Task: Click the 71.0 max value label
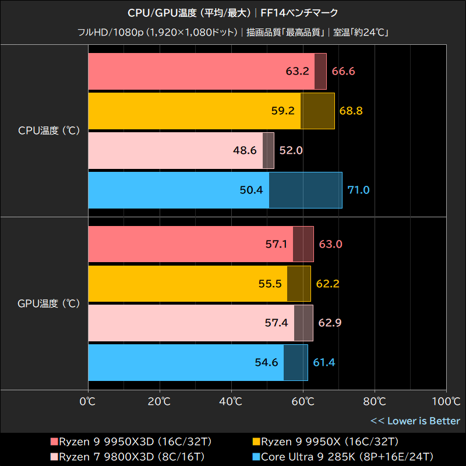coord(358,190)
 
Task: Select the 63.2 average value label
coord(298,72)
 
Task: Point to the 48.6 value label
coord(245,150)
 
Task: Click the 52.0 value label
coord(291,150)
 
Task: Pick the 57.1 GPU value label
coord(277,244)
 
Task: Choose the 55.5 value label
coord(271,284)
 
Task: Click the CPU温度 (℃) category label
coord(47,131)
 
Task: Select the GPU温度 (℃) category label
coord(47,303)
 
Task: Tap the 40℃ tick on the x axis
coord(231,401)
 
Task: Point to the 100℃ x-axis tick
coord(446,401)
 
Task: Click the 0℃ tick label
coord(88,401)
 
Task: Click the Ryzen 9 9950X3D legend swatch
coord(55,441)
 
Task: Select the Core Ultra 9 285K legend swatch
coord(257,456)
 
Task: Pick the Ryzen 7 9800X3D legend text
coord(132,456)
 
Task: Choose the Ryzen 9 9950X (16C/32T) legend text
coord(330,441)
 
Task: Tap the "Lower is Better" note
coord(415,421)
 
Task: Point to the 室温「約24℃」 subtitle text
coord(361,32)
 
